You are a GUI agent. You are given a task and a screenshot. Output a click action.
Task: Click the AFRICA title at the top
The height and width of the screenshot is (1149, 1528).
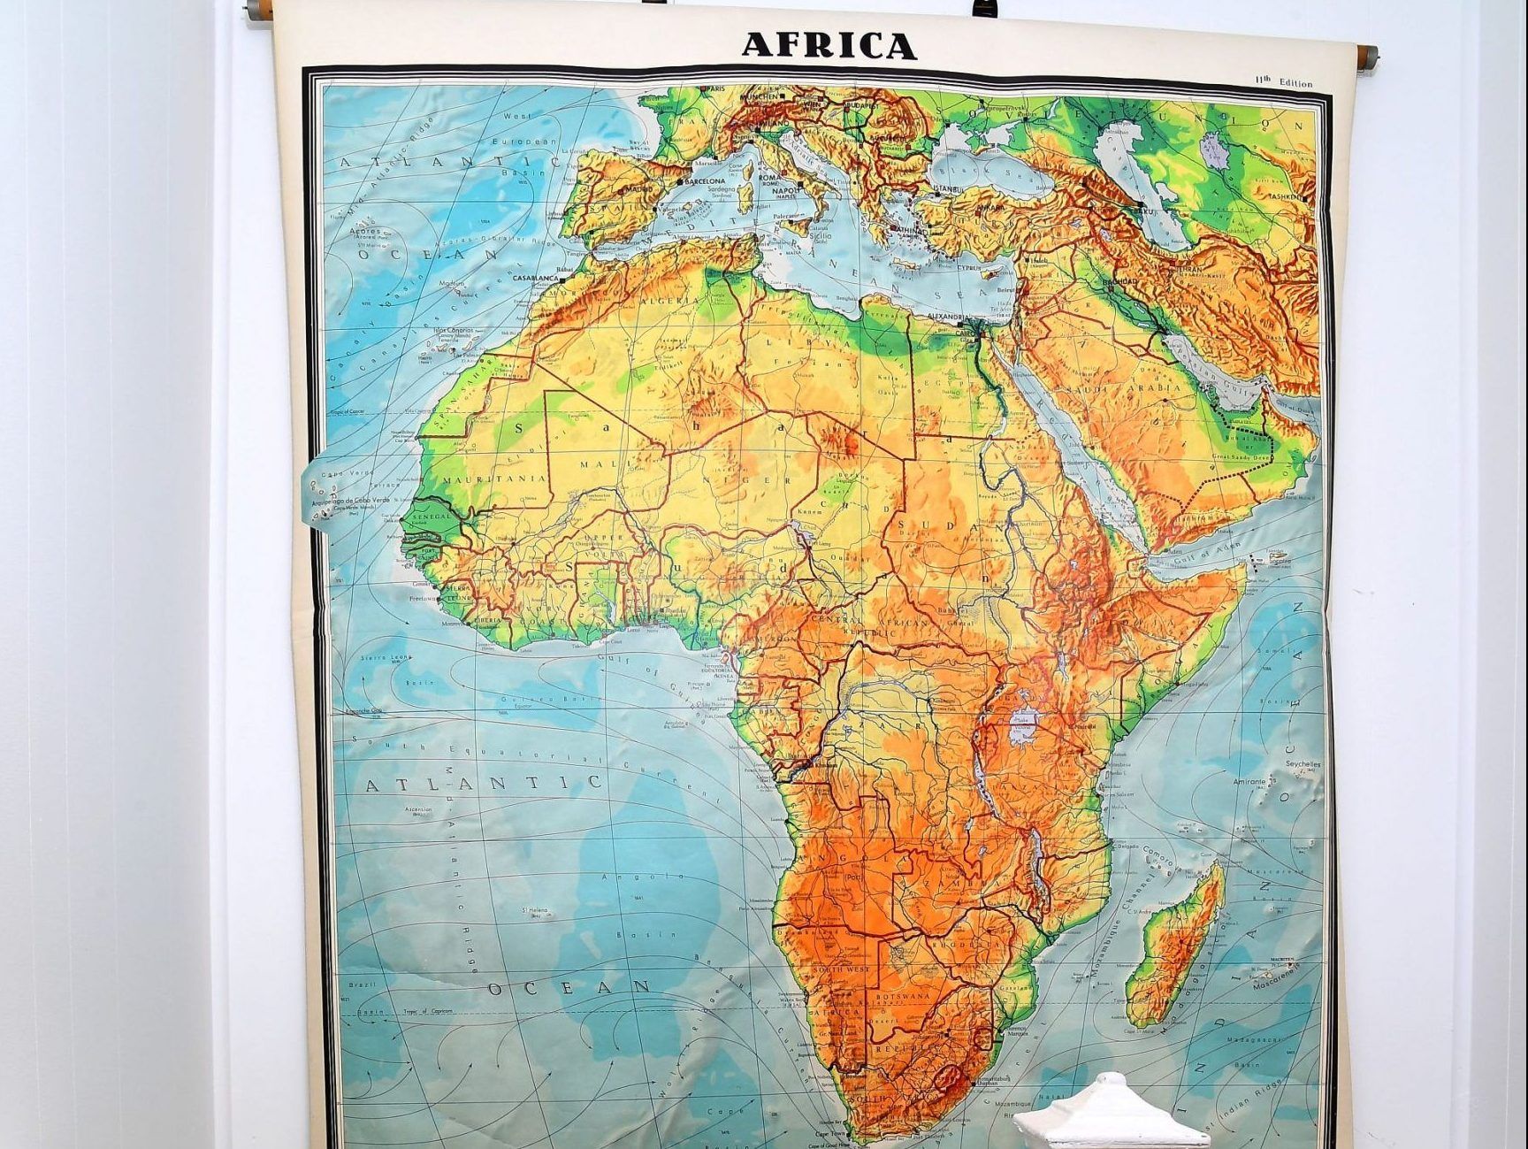tap(829, 44)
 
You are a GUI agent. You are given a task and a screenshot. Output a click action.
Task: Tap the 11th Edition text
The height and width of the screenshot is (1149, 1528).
tap(1283, 82)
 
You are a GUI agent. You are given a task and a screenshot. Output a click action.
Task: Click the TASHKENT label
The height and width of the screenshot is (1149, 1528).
tap(1285, 196)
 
